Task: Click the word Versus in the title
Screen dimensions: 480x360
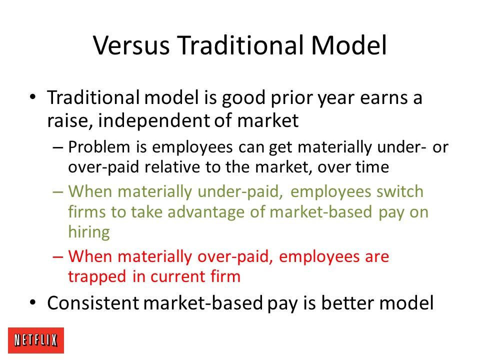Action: [x=131, y=45]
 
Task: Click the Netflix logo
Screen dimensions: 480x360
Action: [x=36, y=340]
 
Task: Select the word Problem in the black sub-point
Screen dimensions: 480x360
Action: [x=99, y=147]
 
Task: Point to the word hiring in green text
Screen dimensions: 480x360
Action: [x=89, y=231]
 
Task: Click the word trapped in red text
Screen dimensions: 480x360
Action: [x=97, y=276]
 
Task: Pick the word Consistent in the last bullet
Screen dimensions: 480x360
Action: [x=93, y=303]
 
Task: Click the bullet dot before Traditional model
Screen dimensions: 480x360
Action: [x=33, y=97]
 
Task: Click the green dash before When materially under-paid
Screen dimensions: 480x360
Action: [x=58, y=192]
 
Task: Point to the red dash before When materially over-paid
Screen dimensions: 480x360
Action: [x=58, y=256]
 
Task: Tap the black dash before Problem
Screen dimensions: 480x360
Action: [x=58, y=147]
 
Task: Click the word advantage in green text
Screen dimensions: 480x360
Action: [x=206, y=212]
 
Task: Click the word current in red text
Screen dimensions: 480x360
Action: [x=178, y=276]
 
